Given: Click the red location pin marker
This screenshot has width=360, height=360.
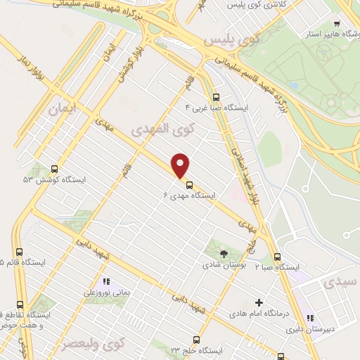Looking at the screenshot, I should [x=181, y=166].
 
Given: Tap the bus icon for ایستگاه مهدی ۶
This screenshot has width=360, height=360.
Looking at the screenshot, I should [x=188, y=186].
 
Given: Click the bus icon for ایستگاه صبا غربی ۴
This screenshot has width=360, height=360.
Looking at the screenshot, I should [x=215, y=98].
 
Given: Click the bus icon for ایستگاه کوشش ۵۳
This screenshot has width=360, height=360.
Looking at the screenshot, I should [x=54, y=169].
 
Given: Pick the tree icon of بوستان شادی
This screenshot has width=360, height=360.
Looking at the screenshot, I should [x=224, y=253].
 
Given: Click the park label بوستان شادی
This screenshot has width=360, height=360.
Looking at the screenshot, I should [x=222, y=265].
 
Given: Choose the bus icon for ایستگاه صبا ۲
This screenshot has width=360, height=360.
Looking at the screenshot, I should [x=278, y=257].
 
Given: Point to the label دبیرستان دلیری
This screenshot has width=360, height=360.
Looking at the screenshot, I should [x=329, y=328].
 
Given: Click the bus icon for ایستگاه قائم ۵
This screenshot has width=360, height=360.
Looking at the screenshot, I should [x=19, y=252].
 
